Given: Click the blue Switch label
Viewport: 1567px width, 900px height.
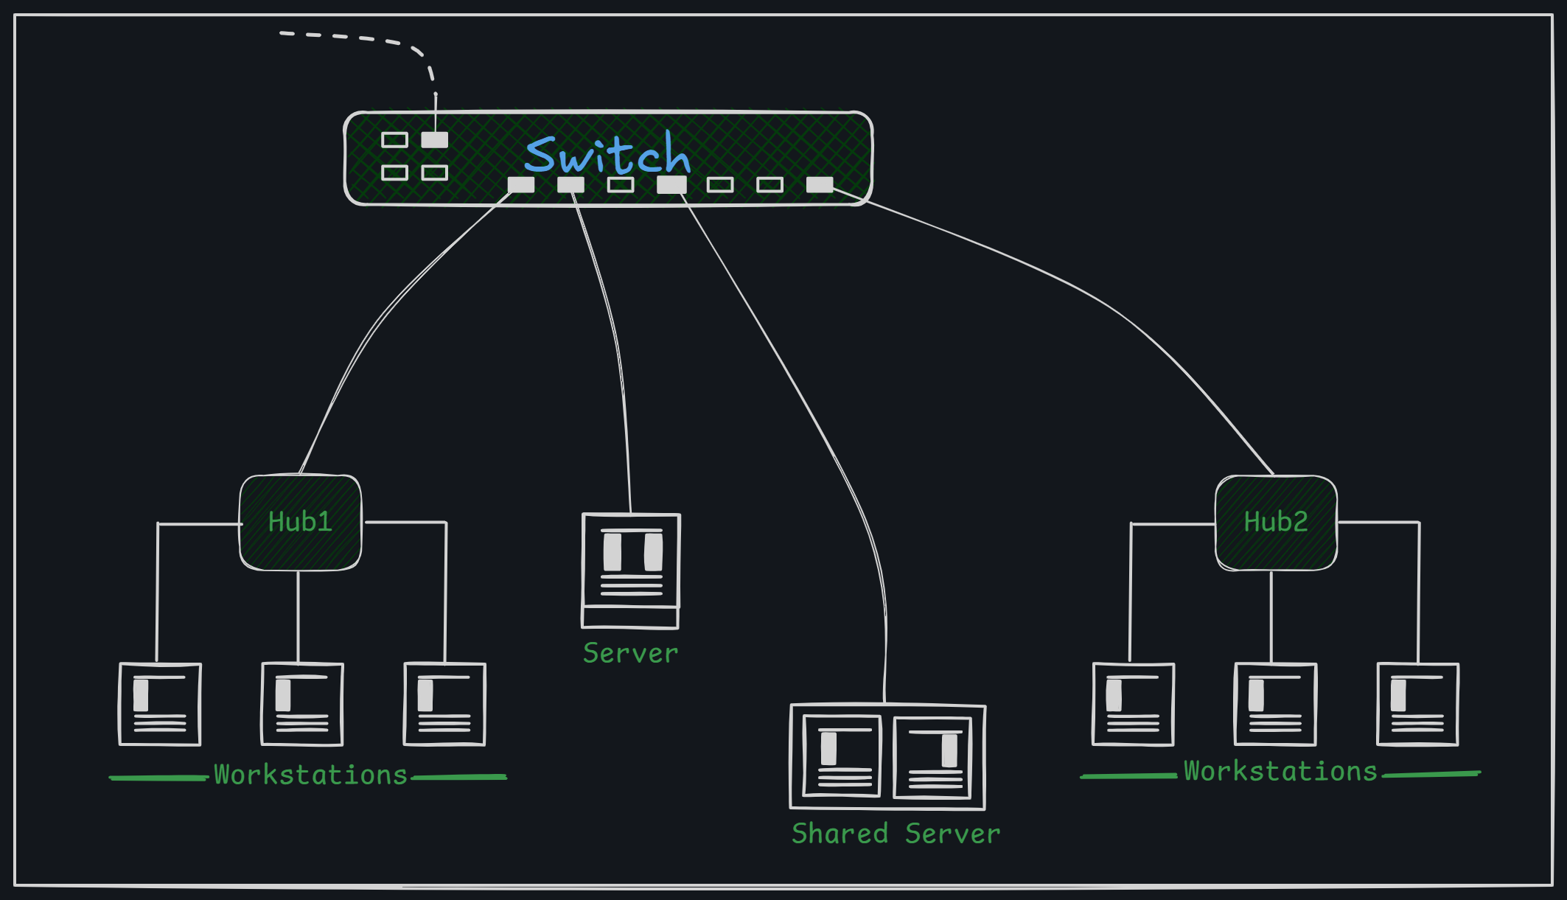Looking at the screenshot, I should pyautogui.click(x=607, y=155).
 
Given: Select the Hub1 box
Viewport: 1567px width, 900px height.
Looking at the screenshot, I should pyautogui.click(x=301, y=523).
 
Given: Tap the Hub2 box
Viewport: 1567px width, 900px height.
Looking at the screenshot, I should pyautogui.click(x=1276, y=523).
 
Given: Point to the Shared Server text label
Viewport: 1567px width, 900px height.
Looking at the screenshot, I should pyautogui.click(x=896, y=834).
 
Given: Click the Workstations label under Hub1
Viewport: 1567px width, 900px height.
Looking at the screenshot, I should pyautogui.click(x=310, y=775).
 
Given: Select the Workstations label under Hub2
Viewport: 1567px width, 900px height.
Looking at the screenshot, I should pyautogui.click(x=1280, y=772).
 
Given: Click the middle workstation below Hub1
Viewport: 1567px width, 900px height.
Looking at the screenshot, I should pyautogui.click(x=302, y=704).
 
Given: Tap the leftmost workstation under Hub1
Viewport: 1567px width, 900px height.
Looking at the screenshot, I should pyautogui.click(x=160, y=704).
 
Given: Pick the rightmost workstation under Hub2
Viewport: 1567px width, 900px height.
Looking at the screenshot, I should pyautogui.click(x=1417, y=704).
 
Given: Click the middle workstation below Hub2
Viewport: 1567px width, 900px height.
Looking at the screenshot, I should pyautogui.click(x=1275, y=704).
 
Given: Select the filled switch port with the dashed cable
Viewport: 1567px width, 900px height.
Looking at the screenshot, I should pyautogui.click(x=435, y=140).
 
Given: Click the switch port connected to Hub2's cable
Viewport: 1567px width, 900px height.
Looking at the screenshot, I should pyautogui.click(x=820, y=184).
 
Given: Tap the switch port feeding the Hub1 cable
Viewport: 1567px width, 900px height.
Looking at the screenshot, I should pyautogui.click(x=521, y=184).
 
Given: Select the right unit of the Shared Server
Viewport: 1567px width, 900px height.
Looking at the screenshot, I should pyautogui.click(x=933, y=757).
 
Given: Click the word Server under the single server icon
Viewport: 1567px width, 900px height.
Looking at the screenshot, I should pyautogui.click(x=630, y=654).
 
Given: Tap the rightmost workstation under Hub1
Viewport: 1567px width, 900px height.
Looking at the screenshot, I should pyautogui.click(x=444, y=704).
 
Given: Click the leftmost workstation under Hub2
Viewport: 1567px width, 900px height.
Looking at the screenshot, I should pyautogui.click(x=1133, y=704).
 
